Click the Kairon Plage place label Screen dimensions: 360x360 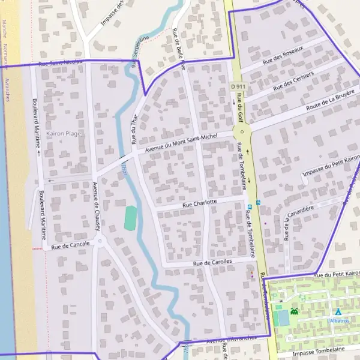(x=63, y=133)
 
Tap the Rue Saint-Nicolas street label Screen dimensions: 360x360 (x=60, y=62)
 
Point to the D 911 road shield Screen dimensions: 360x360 (x=238, y=86)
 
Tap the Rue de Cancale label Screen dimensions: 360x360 (x=70, y=245)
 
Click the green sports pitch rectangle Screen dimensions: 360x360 (x=130, y=217)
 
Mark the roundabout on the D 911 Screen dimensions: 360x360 (x=242, y=132)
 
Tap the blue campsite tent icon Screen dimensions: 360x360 (x=338, y=312)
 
